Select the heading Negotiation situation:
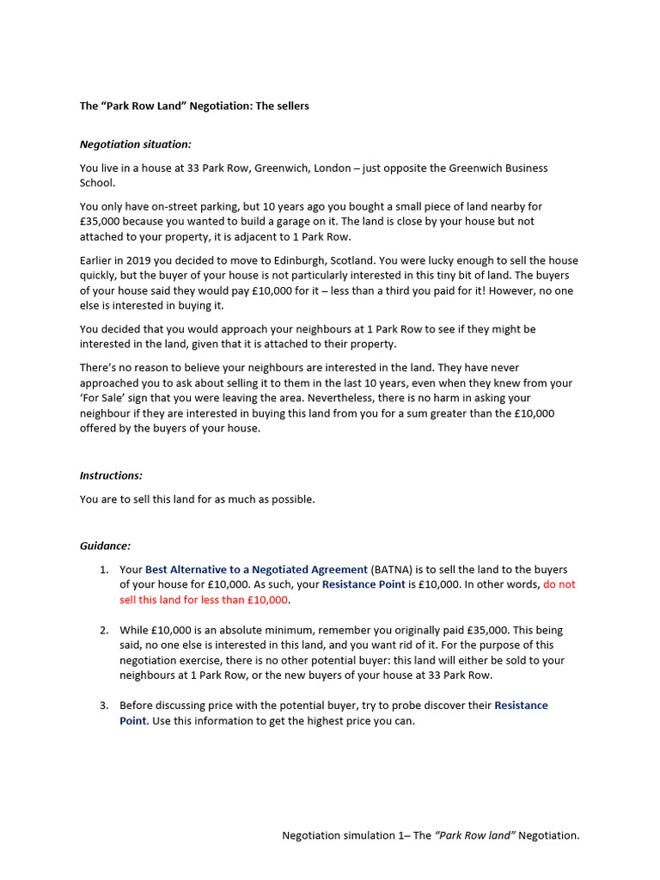[136, 144]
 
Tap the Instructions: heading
[111, 475]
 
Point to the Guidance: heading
[106, 546]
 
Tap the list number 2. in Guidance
[103, 630]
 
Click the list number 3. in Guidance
[103, 705]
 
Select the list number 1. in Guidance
[103, 569]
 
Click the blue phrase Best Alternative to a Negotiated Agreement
[256, 569]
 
